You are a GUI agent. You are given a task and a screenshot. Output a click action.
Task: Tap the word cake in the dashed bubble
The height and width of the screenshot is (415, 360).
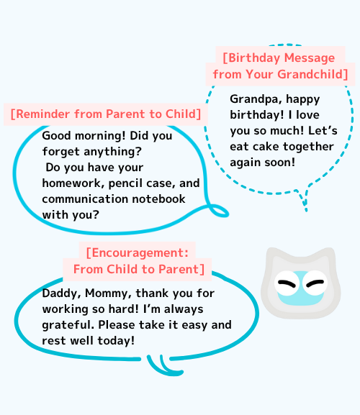click(x=266, y=147)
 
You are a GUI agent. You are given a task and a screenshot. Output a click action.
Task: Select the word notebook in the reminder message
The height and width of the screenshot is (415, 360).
click(x=158, y=199)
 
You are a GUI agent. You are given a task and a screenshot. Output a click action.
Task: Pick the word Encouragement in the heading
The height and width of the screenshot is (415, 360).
click(x=138, y=252)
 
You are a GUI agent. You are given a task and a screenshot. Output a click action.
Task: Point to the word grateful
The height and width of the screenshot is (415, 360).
click(x=68, y=325)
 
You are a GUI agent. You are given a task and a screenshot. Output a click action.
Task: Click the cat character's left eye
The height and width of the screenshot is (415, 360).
click(x=287, y=283)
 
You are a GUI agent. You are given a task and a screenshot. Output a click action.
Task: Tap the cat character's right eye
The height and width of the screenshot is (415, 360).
click(x=315, y=283)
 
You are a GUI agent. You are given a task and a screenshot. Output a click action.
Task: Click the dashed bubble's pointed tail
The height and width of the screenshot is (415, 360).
click(x=304, y=199)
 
